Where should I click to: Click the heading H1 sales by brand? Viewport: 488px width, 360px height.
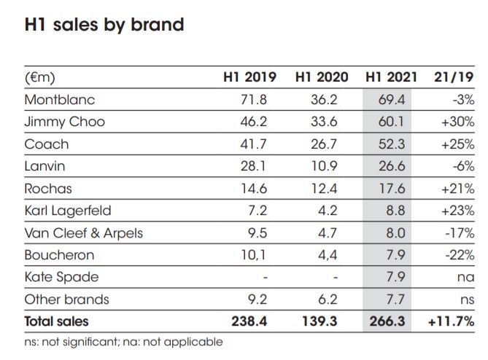(x=104, y=25)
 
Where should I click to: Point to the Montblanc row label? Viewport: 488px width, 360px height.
(x=60, y=99)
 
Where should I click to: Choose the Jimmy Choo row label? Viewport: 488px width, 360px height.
(x=64, y=122)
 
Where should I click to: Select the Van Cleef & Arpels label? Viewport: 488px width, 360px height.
(x=83, y=233)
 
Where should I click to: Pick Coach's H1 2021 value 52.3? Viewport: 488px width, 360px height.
(x=392, y=144)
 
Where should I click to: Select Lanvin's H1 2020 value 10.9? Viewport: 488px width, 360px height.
(x=324, y=166)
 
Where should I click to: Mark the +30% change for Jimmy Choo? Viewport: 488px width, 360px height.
(x=458, y=122)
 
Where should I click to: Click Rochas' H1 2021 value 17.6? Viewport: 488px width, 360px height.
(x=392, y=189)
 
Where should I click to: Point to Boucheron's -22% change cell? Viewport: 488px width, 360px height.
(x=460, y=255)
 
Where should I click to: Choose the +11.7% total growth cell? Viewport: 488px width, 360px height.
(x=451, y=321)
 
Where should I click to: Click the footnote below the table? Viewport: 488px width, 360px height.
(x=124, y=341)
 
